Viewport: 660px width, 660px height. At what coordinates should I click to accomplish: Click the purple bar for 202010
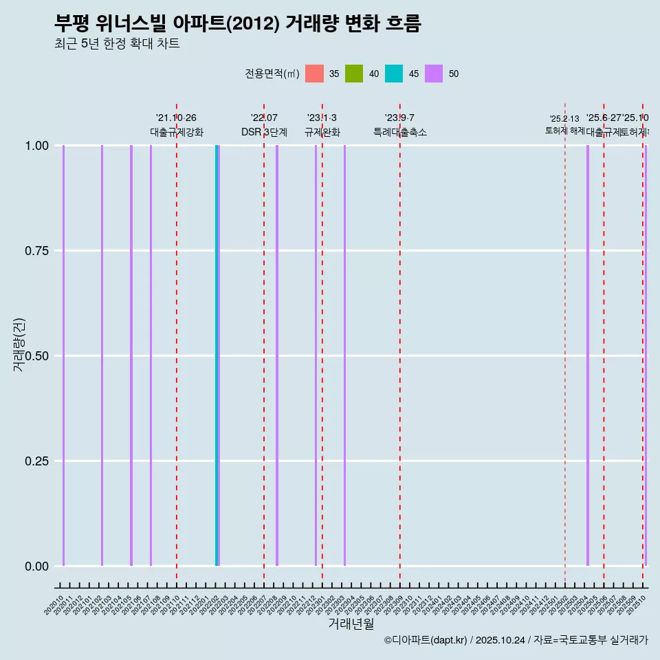click(x=63, y=355)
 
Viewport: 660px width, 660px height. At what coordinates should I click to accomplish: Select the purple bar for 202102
click(x=102, y=355)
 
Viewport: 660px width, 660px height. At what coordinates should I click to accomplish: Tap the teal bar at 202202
click(x=217, y=355)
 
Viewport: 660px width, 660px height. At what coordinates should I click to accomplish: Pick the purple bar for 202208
click(x=277, y=355)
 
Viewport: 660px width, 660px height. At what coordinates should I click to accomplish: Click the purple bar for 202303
click(x=344, y=355)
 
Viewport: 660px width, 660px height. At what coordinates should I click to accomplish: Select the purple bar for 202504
click(x=588, y=355)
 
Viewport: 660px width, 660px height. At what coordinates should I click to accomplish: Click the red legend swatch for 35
click(x=314, y=74)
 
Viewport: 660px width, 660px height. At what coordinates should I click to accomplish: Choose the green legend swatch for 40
click(x=354, y=74)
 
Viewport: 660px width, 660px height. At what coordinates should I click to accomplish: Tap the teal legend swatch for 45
click(x=394, y=74)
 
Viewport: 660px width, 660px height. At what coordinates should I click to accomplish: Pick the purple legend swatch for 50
click(x=434, y=74)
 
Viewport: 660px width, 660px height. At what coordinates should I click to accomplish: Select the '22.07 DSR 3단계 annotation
click(x=264, y=125)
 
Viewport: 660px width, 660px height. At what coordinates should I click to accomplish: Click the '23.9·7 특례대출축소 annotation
click(x=399, y=125)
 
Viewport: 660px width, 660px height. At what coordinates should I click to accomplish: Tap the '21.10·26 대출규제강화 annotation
click(x=177, y=125)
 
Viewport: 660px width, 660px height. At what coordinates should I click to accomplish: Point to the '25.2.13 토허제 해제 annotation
click(x=564, y=125)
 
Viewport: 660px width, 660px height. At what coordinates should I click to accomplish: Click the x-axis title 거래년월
click(x=351, y=624)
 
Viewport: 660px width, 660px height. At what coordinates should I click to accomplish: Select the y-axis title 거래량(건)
click(x=19, y=344)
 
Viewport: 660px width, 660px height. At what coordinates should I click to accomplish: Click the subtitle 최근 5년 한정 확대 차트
click(x=117, y=44)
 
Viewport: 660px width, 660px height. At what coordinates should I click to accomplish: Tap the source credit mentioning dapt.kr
click(x=516, y=641)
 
